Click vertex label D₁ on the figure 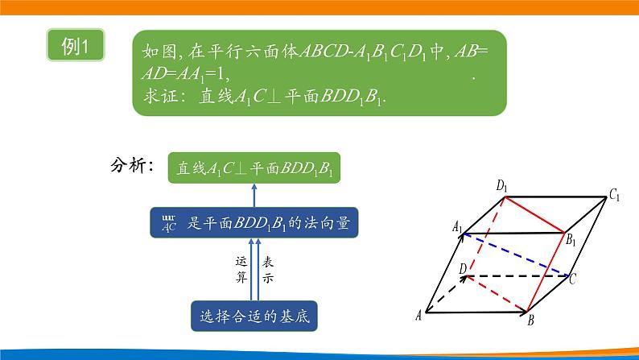click(x=502, y=187)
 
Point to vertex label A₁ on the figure click(x=458, y=228)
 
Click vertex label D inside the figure click(x=462, y=268)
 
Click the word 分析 click(x=132, y=167)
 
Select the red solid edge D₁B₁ click(x=532, y=213)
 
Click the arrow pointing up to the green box click(x=255, y=194)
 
